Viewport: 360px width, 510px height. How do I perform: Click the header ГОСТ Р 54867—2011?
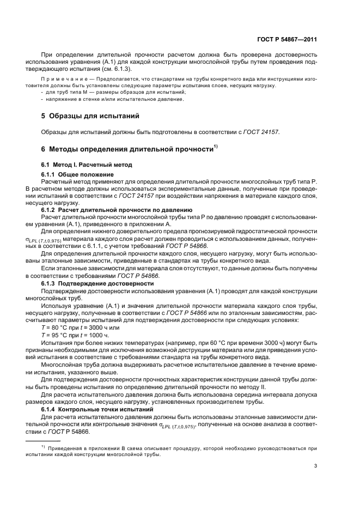pyautogui.click(x=287, y=39)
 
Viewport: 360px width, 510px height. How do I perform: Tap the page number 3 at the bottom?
pyautogui.click(x=315, y=465)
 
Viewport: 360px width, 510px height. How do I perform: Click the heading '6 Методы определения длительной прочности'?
pyautogui.click(x=126, y=149)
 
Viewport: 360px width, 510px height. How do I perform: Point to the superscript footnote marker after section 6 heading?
pyautogui.click(x=216, y=147)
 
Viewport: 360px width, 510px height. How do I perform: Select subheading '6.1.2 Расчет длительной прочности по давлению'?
pyautogui.click(x=117, y=209)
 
